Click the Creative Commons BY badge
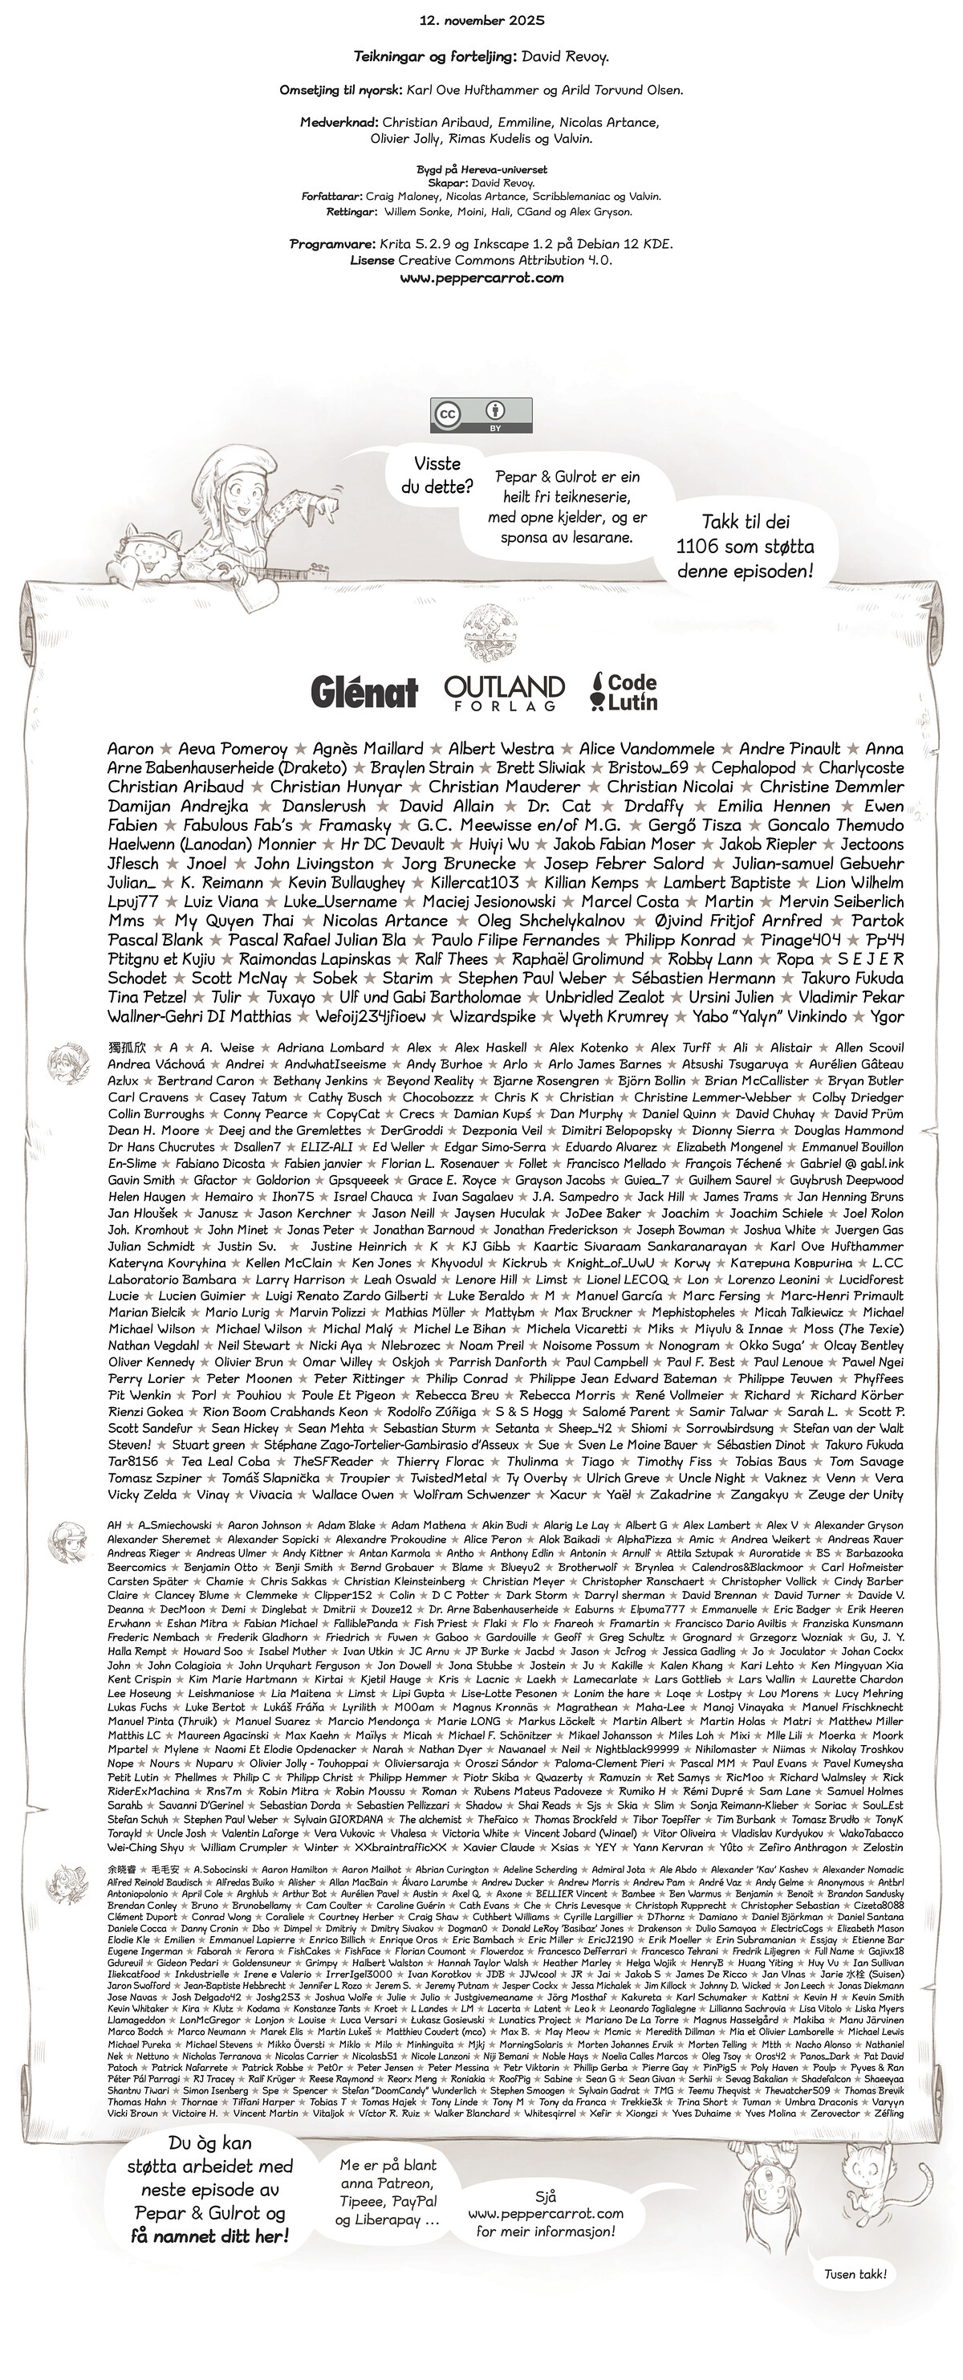point(480,415)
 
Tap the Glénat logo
point(364,691)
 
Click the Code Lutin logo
point(624,691)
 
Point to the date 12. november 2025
point(481,19)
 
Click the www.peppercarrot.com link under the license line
point(481,277)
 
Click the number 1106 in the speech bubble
point(698,546)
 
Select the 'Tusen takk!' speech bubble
point(855,2274)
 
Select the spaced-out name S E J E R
point(871,959)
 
